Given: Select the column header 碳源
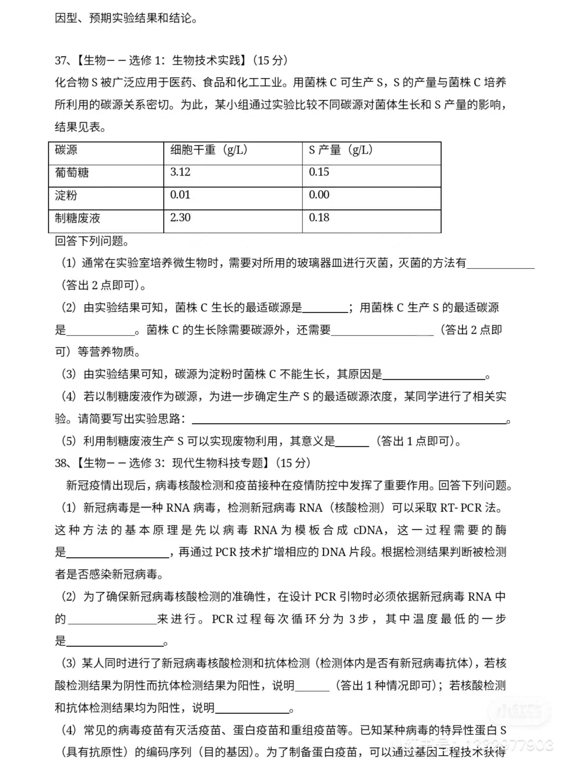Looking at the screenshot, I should click(x=66, y=150).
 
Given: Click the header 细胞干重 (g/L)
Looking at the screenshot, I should click(x=209, y=150).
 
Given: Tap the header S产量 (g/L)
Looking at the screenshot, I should click(x=341, y=150).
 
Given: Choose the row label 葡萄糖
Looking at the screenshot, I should click(x=72, y=173).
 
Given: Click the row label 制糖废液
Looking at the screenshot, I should click(x=77, y=218).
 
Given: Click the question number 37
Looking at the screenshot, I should click(x=61, y=61).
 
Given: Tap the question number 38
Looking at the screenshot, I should click(x=61, y=463).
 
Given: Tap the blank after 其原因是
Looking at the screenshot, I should click(x=434, y=375).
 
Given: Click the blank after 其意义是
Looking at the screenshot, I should click(x=352, y=442).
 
